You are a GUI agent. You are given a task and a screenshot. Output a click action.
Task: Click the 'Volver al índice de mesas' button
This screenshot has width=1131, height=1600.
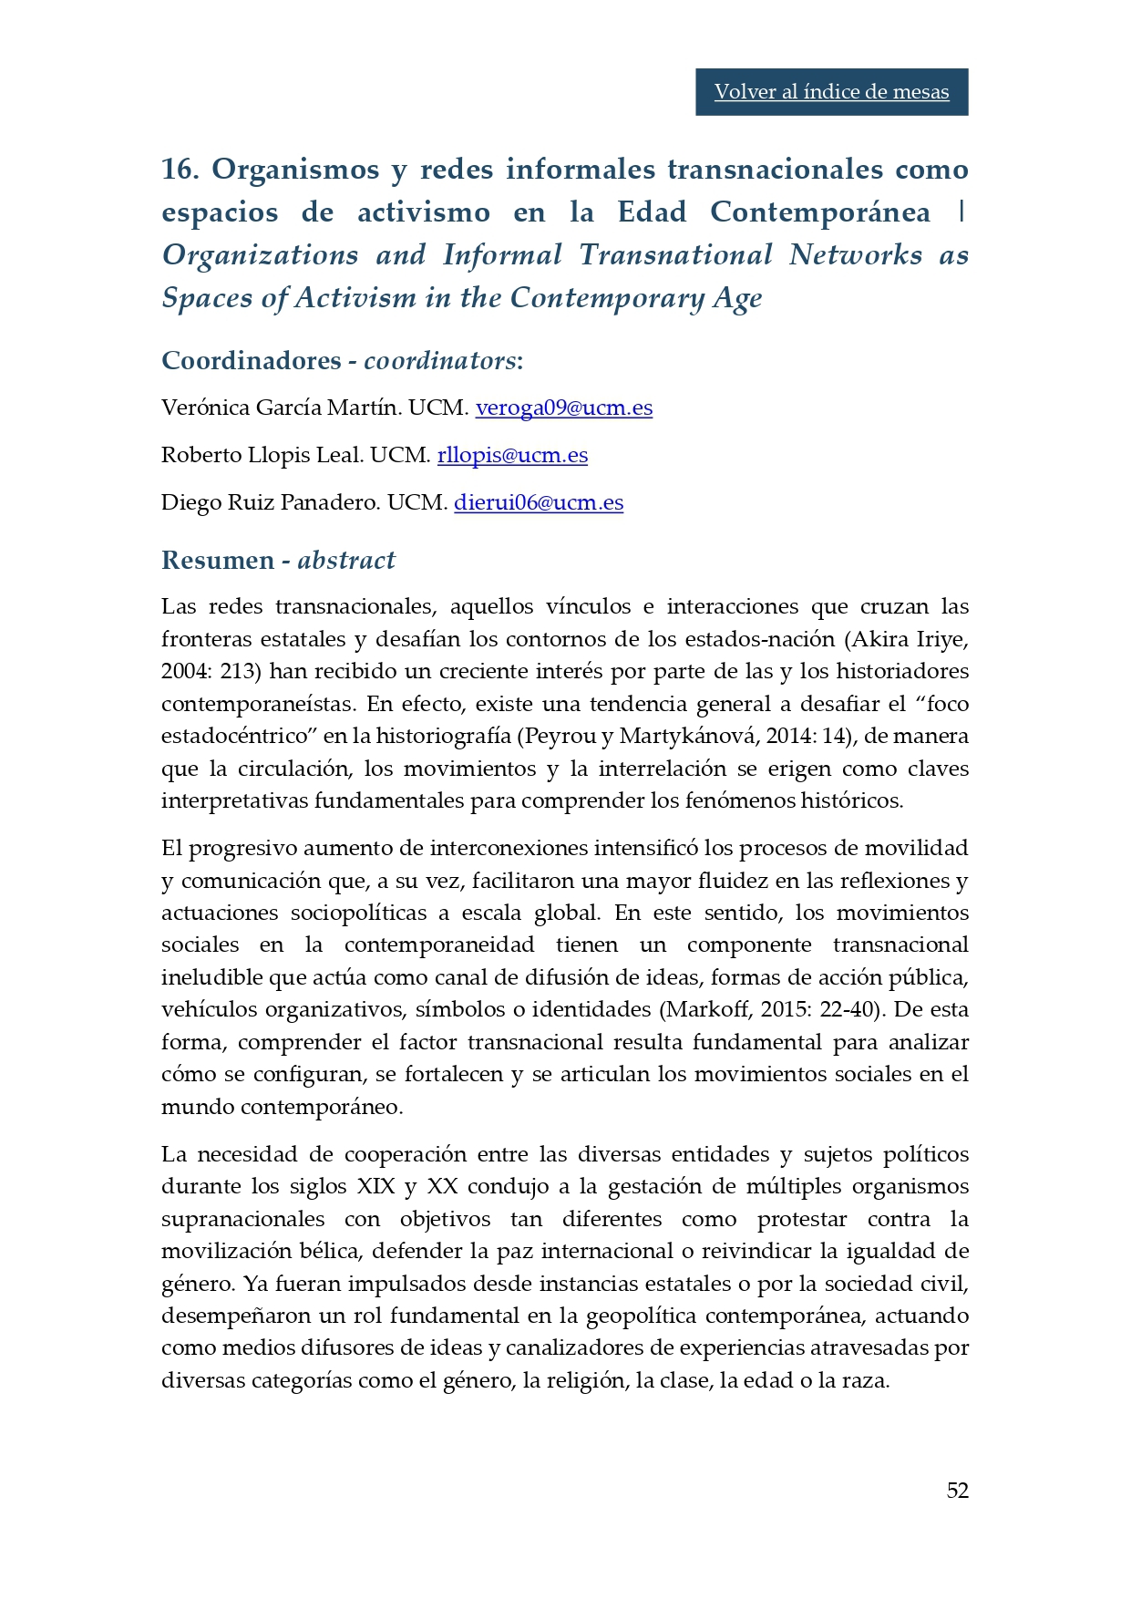coord(831,92)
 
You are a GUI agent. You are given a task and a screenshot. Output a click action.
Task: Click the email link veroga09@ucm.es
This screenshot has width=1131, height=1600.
coord(563,408)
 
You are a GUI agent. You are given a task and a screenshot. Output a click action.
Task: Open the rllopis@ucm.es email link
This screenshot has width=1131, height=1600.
coord(512,455)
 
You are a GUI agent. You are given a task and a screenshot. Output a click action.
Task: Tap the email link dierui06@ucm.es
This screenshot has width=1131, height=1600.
coord(539,502)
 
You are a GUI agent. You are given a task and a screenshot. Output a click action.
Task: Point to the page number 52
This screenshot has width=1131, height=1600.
coord(957,1490)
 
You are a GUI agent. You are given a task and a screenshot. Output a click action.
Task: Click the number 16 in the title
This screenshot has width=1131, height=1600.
coord(180,170)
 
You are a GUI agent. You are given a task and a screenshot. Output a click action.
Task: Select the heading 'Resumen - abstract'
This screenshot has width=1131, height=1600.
coord(278,560)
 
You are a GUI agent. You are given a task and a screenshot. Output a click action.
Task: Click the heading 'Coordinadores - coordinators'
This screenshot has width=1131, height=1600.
coord(342,360)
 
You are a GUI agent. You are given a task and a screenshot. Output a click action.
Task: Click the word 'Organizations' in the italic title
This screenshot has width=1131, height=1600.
coord(260,255)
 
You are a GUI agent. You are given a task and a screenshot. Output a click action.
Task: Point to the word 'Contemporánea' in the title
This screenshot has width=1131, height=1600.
coord(820,212)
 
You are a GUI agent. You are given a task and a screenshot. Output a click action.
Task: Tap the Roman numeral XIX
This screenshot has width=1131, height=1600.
coord(375,1186)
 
